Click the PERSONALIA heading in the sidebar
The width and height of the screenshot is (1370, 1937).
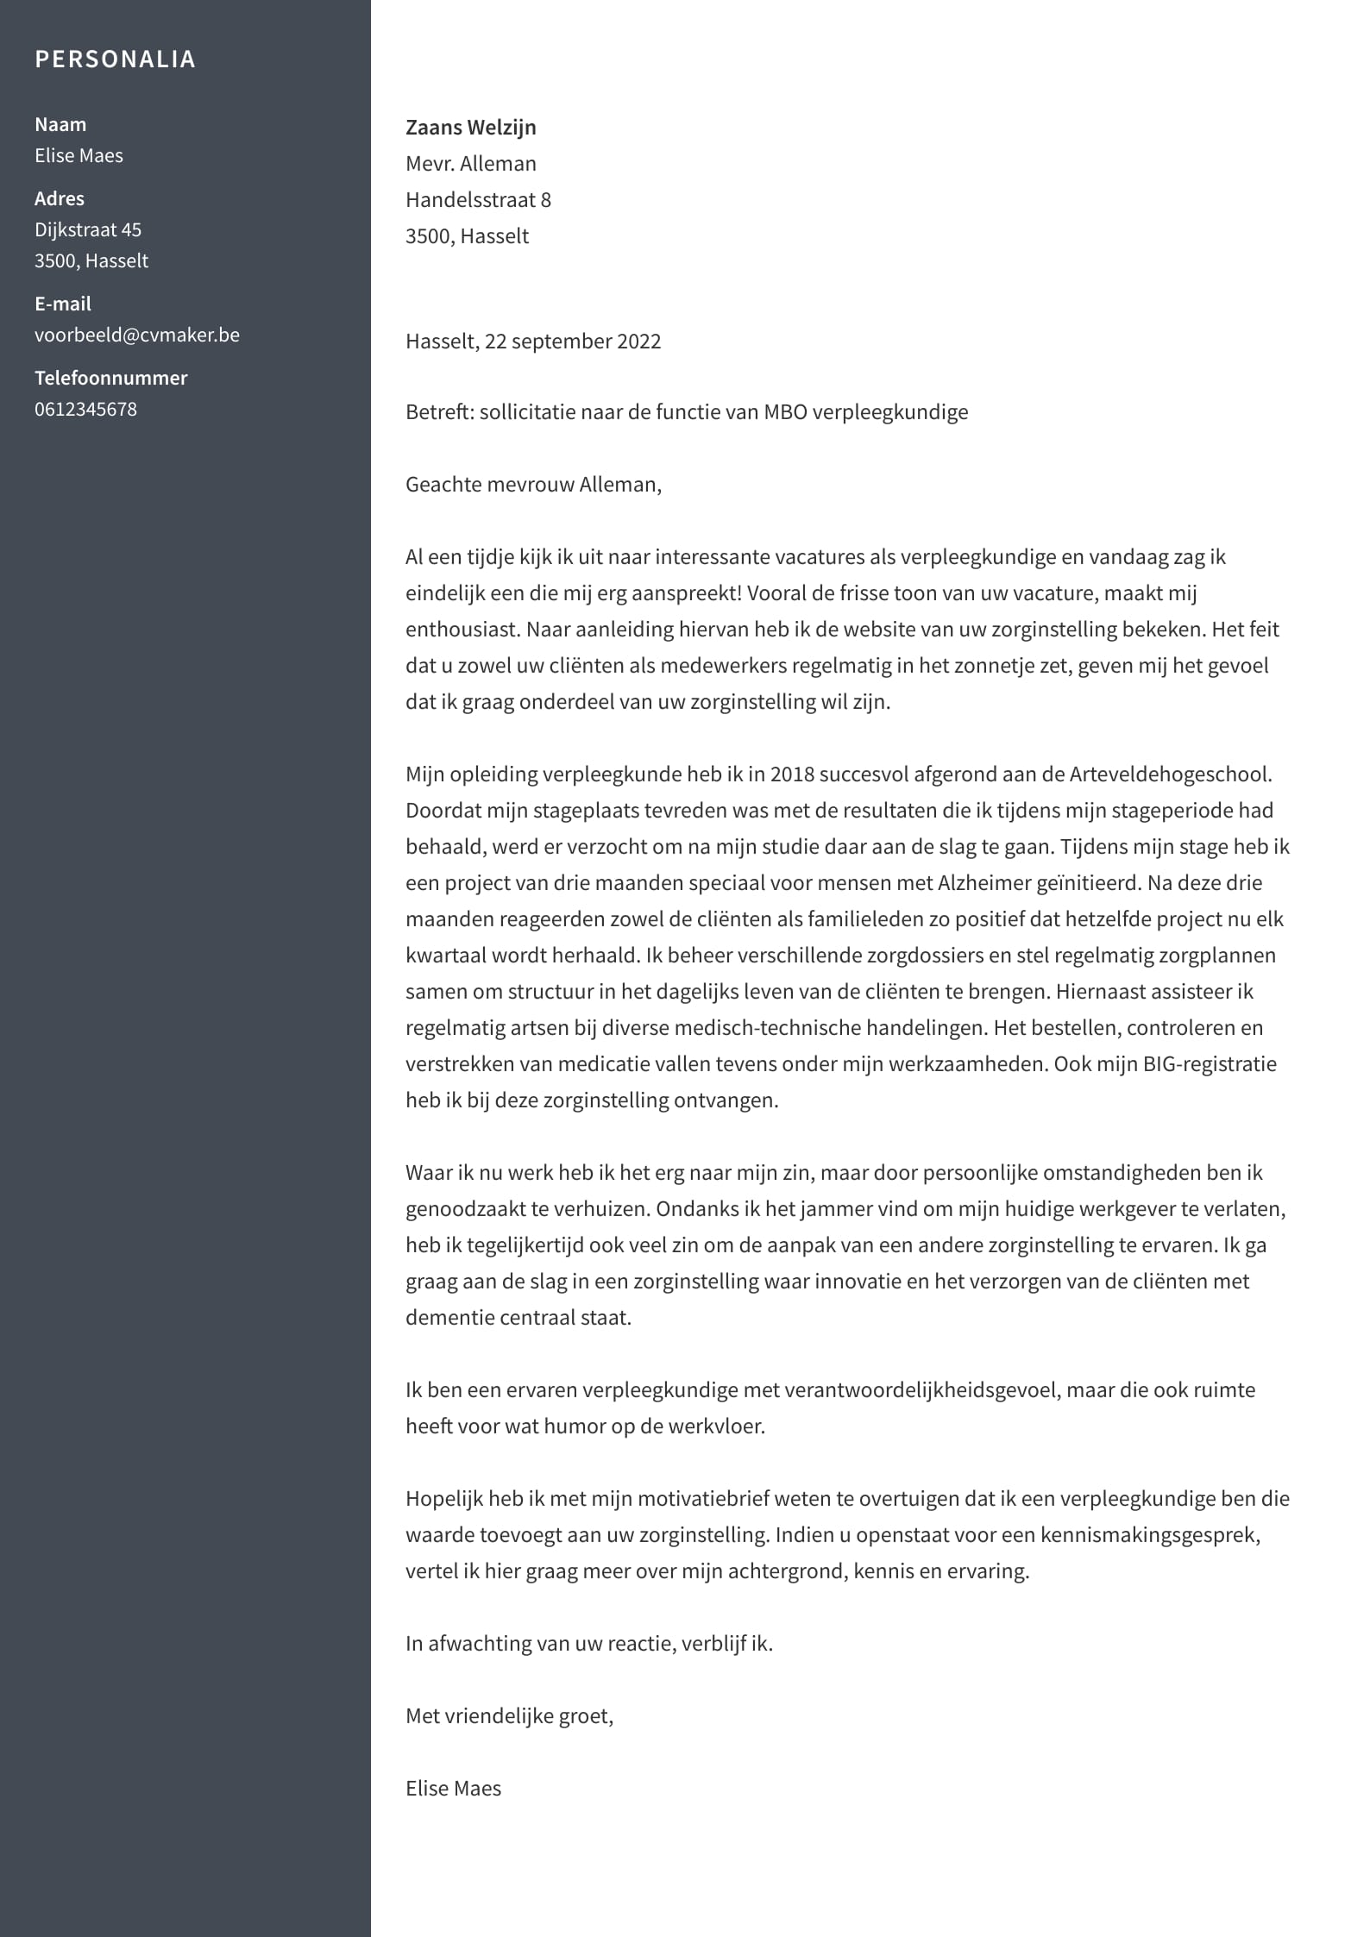point(115,59)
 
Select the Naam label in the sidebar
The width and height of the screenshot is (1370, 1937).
point(60,124)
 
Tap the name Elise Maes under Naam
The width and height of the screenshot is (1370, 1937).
point(79,155)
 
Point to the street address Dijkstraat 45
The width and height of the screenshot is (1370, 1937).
point(88,229)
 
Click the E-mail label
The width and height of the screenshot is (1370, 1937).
point(62,304)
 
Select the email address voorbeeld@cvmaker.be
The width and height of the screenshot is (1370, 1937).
point(137,335)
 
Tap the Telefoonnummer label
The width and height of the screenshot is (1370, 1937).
point(110,378)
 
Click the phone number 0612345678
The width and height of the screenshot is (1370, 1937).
point(85,409)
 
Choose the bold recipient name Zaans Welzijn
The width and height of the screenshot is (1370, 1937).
point(470,127)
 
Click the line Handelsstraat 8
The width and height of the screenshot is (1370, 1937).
point(478,199)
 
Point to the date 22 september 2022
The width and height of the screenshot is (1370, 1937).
point(573,341)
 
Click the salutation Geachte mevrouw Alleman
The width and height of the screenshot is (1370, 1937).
point(533,484)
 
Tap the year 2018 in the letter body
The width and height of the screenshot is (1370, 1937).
point(792,774)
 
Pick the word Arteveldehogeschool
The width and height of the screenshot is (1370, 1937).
point(1169,774)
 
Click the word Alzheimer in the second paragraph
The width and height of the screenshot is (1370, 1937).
point(977,882)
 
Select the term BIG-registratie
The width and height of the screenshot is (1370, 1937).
point(1210,1063)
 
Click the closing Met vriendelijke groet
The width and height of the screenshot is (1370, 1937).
point(509,1715)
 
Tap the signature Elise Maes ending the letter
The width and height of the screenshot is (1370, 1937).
point(453,1788)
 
